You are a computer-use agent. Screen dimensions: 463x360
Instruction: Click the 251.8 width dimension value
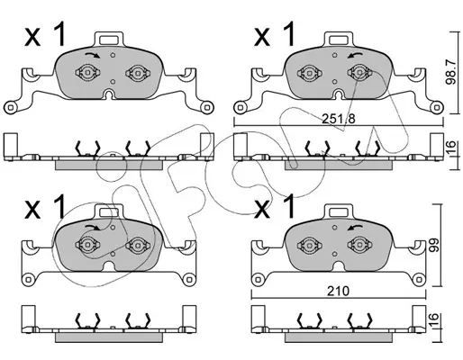click(338, 119)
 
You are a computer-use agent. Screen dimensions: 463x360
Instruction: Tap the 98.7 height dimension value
click(450, 72)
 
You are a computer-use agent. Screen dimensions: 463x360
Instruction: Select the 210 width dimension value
click(338, 291)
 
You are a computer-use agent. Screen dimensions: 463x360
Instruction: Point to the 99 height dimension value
click(433, 245)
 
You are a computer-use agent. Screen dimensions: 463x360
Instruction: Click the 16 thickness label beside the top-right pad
click(450, 148)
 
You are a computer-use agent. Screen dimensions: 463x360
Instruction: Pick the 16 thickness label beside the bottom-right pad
click(433, 320)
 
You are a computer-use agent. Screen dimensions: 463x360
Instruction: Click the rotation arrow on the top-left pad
click(92, 54)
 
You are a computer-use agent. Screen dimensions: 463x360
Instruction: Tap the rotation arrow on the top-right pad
click(355, 55)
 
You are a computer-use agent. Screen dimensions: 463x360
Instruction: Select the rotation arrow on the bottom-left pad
click(92, 227)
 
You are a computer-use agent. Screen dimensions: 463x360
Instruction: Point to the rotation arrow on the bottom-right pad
click(355, 227)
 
